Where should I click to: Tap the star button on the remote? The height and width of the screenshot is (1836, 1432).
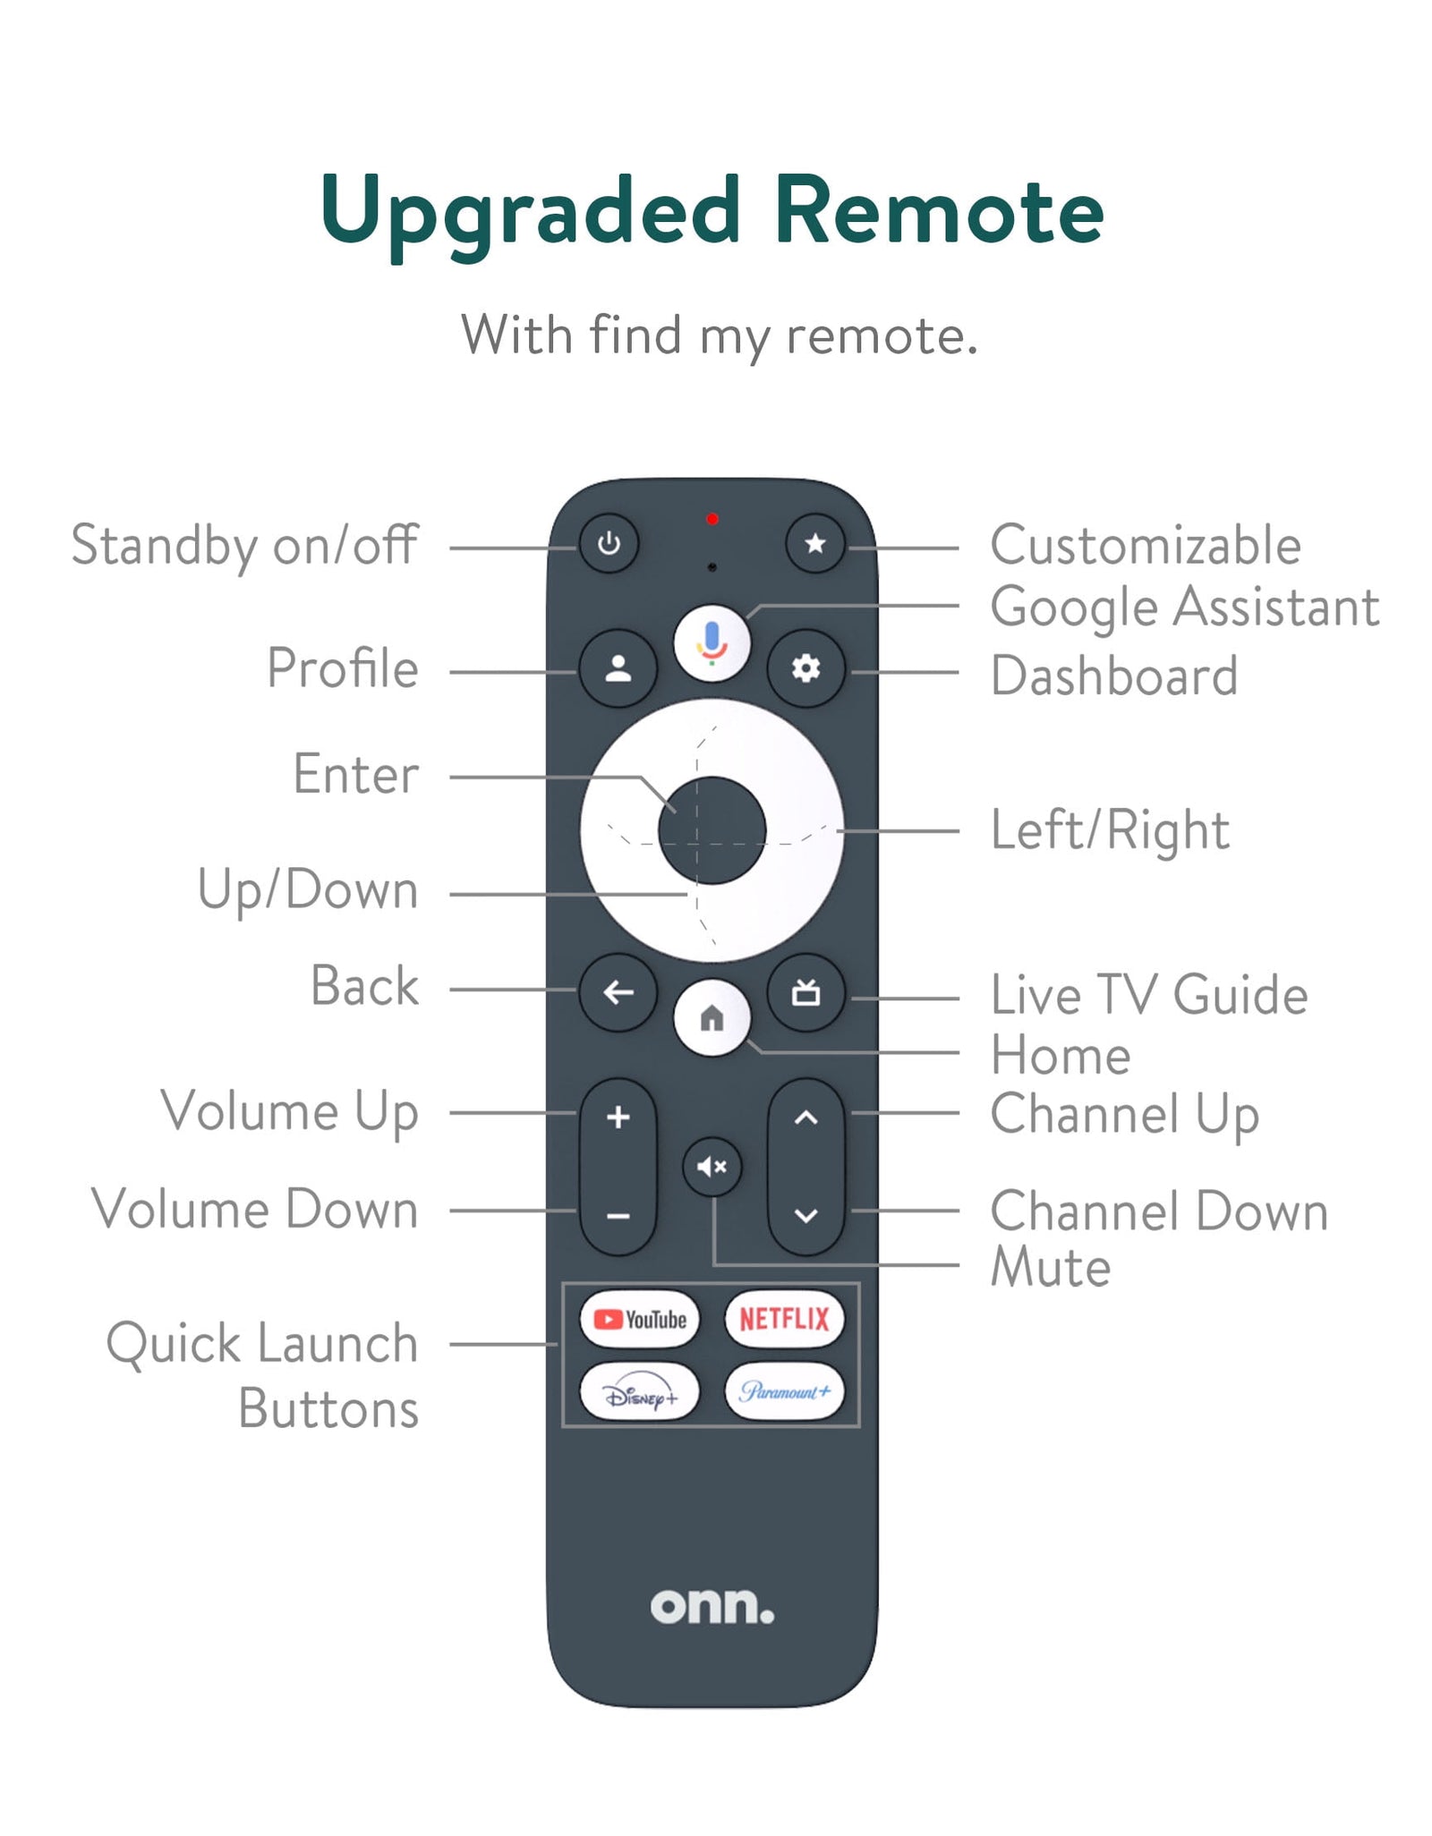pos(814,543)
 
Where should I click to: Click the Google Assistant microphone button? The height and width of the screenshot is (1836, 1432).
pos(712,642)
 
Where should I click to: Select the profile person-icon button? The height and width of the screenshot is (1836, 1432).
pos(618,668)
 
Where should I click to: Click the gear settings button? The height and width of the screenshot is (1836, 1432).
pos(805,668)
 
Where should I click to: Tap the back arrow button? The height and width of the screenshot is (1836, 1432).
pos(618,992)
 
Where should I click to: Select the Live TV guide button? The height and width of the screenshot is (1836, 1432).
pos(805,992)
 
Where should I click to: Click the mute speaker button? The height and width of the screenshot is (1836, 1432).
pos(712,1167)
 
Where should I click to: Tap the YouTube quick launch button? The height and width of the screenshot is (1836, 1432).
pos(639,1319)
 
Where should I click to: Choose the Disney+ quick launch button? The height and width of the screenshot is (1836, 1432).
pos(639,1392)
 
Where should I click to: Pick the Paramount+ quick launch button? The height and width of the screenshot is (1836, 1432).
pos(784,1392)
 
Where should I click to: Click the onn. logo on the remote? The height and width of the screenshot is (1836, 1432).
pos(712,1607)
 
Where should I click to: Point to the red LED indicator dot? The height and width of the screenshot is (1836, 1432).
pos(712,519)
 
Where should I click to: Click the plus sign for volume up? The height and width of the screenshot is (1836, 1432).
pos(618,1117)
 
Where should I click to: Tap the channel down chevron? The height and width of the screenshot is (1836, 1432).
pos(805,1216)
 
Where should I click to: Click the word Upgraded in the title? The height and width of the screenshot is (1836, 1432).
pos(531,215)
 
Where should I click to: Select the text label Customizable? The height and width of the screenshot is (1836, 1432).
pos(1146,545)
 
